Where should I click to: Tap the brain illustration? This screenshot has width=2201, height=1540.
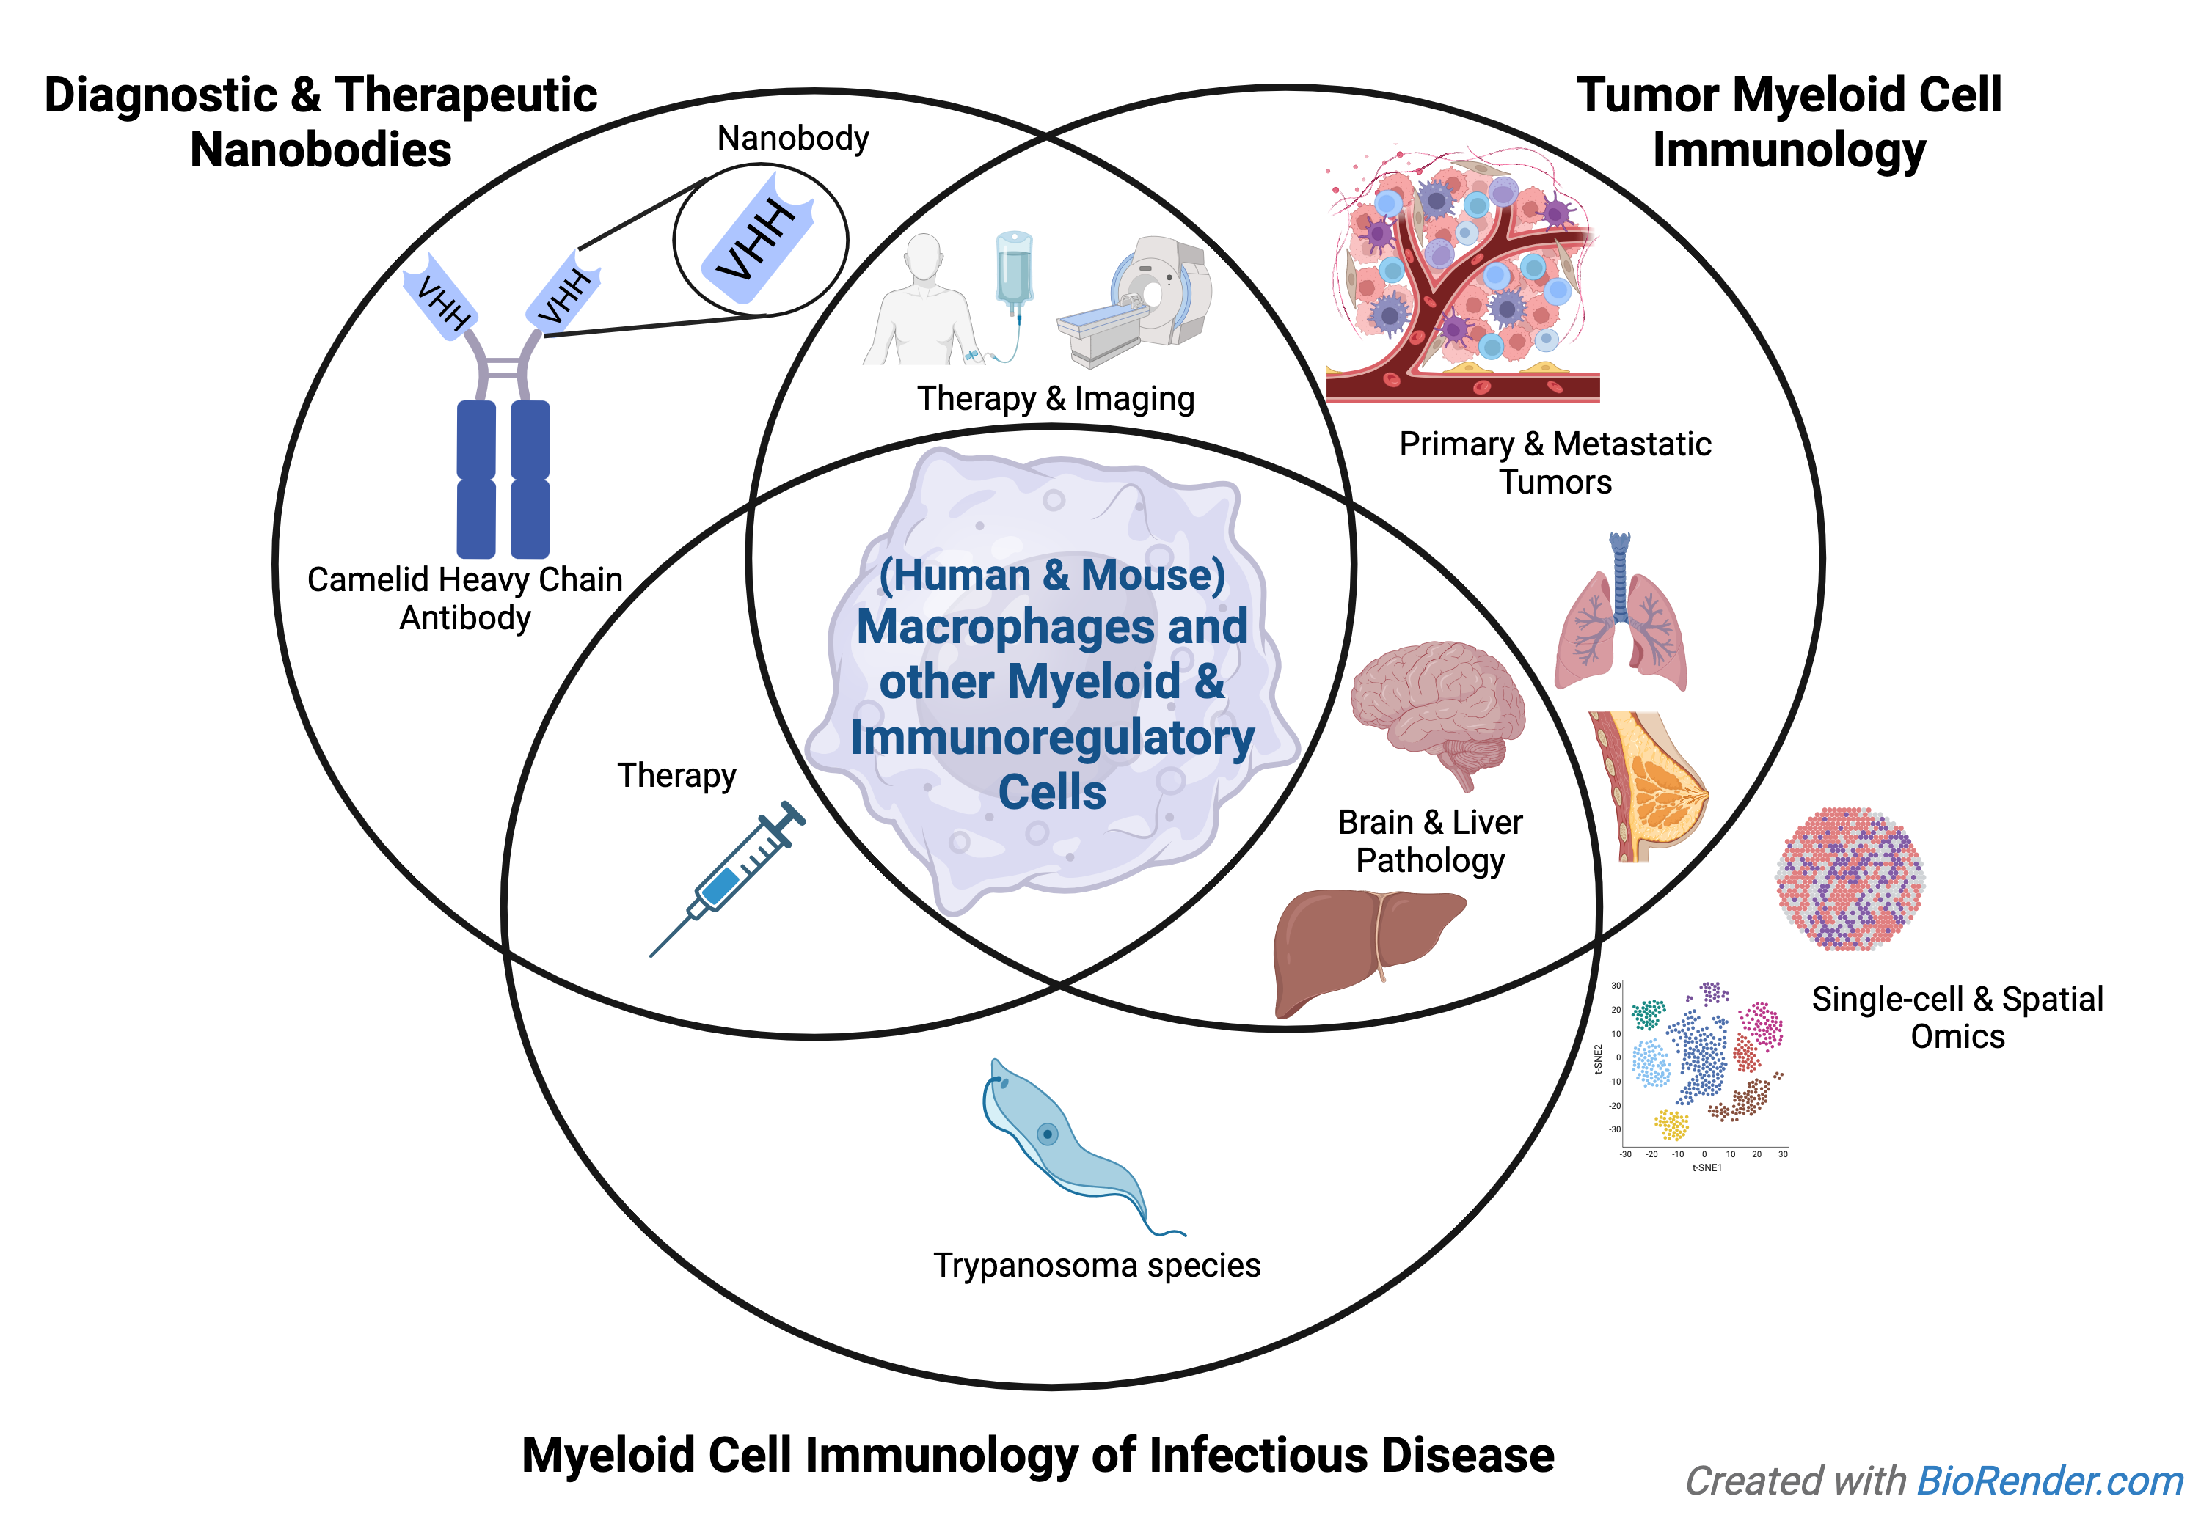[1435, 709]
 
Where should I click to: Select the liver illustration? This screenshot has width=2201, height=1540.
[1361, 944]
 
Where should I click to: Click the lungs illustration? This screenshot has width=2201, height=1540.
[1620, 618]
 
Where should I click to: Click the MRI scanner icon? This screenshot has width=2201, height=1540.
[1141, 302]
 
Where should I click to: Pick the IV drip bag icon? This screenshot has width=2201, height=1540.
[1013, 273]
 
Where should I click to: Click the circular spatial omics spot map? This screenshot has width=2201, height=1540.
[1850, 878]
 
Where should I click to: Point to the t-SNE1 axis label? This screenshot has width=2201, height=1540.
[1707, 1167]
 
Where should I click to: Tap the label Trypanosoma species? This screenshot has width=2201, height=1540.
[1097, 1265]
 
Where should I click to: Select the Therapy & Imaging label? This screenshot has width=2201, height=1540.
[1056, 397]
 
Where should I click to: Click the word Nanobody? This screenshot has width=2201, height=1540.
[793, 138]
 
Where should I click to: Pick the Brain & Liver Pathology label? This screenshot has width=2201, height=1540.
[1430, 840]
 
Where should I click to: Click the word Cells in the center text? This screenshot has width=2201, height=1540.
[1051, 791]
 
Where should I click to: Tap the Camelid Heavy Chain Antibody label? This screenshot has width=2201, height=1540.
[465, 598]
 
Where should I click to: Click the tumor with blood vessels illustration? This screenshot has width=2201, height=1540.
[1462, 278]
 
